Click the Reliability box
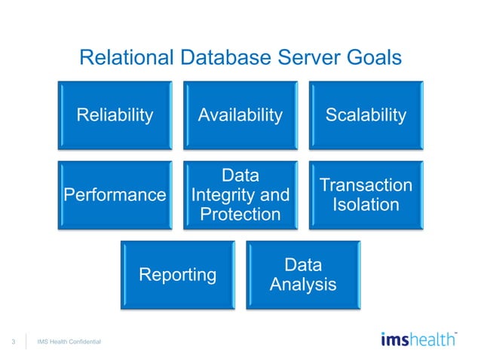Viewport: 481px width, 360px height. (115, 115)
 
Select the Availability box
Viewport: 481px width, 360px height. (240, 115)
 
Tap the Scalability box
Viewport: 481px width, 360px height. (366, 115)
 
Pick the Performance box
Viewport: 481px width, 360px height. (115, 195)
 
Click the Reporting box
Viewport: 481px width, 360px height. (177, 275)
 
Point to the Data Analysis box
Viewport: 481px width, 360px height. (303, 275)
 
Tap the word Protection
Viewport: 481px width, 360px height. (240, 215)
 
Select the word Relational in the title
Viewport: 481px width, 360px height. (127, 58)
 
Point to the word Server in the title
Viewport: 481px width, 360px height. (305, 58)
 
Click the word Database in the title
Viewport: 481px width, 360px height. (218, 58)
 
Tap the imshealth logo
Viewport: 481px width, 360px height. (418, 340)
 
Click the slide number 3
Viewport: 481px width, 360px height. (14, 343)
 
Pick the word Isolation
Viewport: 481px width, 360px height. (366, 204)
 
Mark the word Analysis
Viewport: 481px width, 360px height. (303, 285)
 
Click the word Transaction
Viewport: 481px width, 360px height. (366, 185)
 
